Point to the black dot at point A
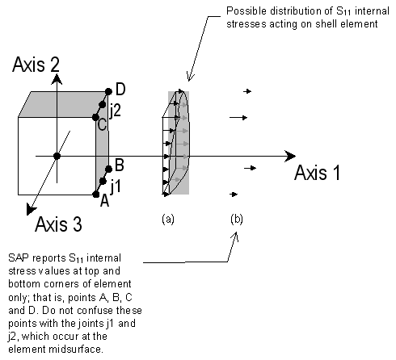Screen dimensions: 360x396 point(96,195)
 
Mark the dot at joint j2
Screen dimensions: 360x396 point(103,105)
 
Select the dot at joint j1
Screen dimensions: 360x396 point(102,180)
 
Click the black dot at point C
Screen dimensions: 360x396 point(96,118)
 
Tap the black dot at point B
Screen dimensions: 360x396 point(107,169)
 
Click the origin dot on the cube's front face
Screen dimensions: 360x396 point(56,155)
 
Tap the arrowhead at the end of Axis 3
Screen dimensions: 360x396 point(29,211)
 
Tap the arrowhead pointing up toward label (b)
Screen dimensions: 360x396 point(236,236)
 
